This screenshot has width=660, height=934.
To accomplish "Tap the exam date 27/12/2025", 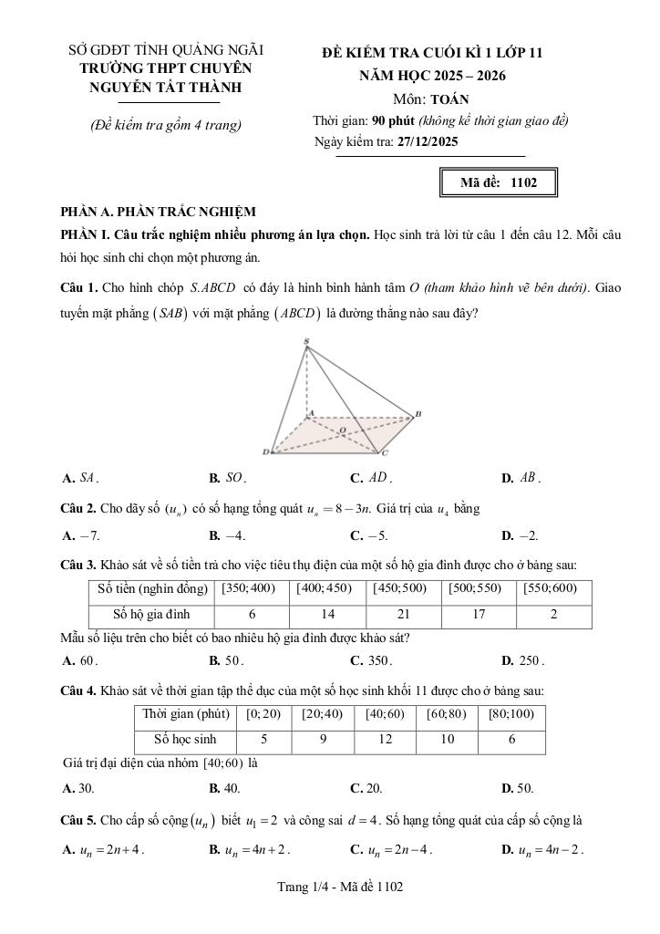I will point(428,142).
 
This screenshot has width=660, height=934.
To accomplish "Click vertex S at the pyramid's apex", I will point(306,342).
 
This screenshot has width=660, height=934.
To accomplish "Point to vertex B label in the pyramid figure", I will point(418,414).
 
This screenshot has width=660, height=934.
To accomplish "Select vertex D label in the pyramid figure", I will point(265,451).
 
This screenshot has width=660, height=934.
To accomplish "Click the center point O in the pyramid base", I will point(342,429).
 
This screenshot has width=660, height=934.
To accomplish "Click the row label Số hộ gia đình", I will point(151,615).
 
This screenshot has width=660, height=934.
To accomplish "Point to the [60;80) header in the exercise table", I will point(447,714).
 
